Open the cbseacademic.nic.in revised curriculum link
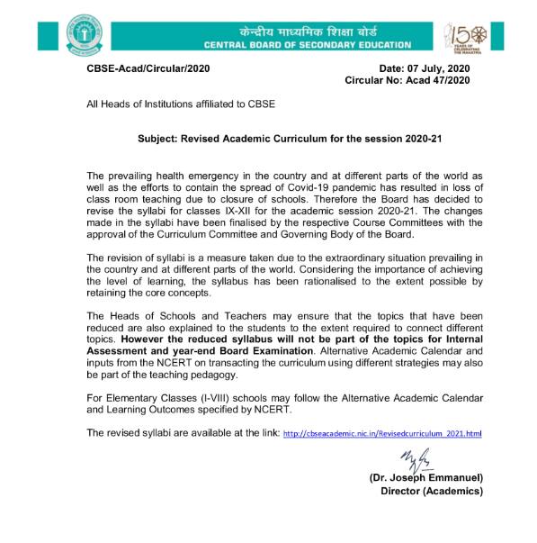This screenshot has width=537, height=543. tap(382, 434)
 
